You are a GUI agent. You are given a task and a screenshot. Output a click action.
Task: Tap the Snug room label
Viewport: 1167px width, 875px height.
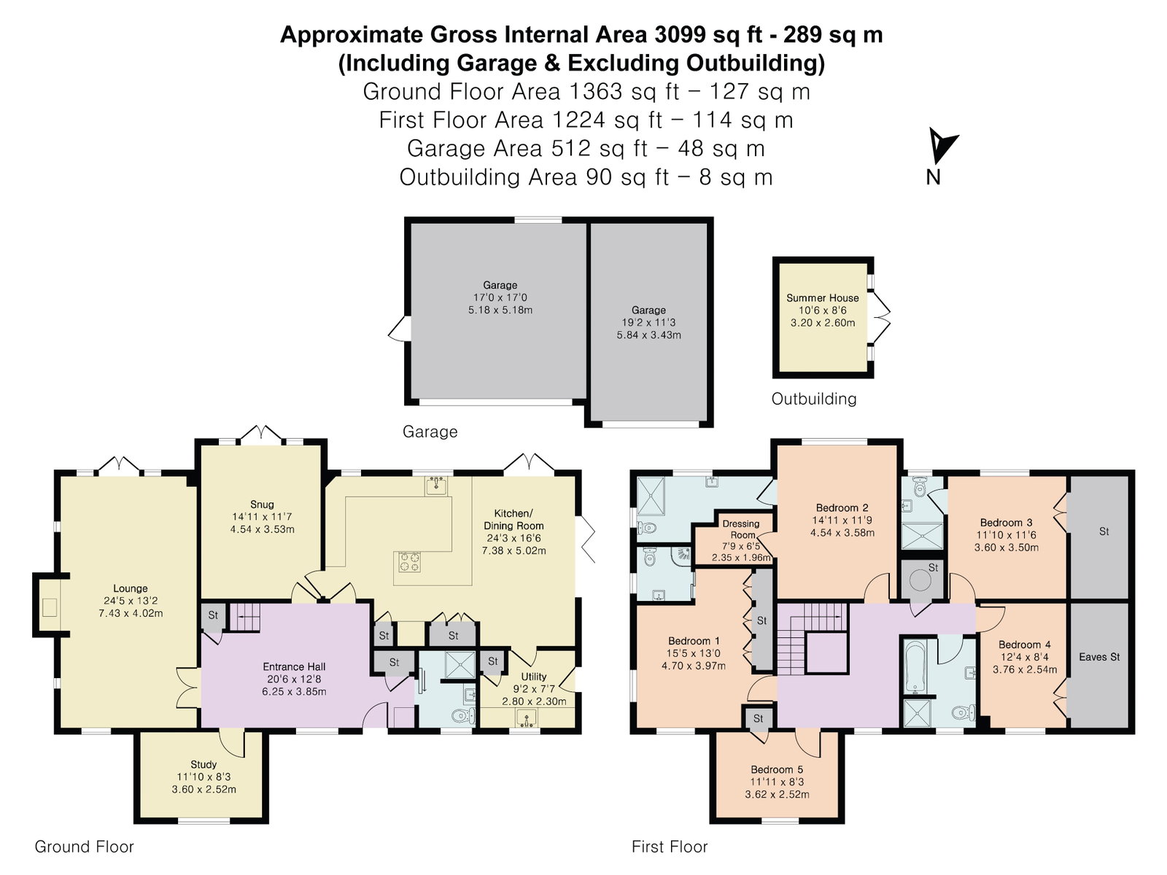262,504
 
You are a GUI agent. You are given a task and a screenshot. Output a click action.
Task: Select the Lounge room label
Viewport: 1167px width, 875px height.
131,588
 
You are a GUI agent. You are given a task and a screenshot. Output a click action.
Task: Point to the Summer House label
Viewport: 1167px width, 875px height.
823,298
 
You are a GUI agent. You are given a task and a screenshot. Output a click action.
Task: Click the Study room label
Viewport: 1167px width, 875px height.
203,764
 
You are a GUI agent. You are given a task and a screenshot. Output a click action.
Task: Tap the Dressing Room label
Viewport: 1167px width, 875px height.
742,529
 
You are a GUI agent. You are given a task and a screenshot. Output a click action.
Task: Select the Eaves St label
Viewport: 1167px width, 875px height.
1099,657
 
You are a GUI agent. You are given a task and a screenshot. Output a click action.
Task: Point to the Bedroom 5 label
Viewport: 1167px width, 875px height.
777,769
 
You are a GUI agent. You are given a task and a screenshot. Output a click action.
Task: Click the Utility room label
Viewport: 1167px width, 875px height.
533,677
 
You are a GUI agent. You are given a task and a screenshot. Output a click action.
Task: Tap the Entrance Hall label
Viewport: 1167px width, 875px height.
294,666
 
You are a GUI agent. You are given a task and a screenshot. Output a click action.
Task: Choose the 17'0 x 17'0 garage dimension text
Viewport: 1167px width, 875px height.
500,297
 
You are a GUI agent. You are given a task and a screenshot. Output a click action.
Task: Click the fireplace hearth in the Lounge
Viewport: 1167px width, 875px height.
50,607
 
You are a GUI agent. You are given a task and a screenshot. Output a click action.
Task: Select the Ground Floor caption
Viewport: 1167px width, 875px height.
84,847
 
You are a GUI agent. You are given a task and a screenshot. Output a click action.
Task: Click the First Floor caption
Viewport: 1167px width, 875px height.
670,847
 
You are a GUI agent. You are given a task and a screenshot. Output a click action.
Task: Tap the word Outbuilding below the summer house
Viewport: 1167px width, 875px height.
814,398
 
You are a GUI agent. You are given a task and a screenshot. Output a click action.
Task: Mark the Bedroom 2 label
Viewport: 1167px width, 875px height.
842,507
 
